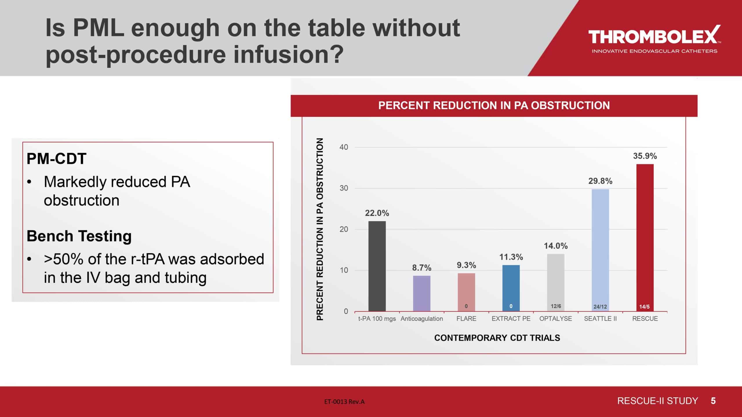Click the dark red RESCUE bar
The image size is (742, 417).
[x=645, y=238]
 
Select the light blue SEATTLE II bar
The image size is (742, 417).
[x=600, y=250]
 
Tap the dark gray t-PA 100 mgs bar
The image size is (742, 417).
[x=377, y=266]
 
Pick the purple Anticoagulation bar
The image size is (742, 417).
[x=422, y=293]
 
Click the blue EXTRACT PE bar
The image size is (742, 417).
[x=511, y=288]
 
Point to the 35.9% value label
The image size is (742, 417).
[x=645, y=156]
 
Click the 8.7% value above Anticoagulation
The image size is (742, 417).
[x=422, y=268]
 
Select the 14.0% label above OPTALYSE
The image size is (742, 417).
[x=556, y=246]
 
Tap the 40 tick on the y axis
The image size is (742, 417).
[x=344, y=147]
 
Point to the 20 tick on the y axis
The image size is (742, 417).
[x=344, y=229]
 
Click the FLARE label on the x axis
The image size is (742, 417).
[x=466, y=319]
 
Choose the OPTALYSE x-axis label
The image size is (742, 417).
[x=556, y=319]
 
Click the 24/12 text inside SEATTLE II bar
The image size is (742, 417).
[x=600, y=307]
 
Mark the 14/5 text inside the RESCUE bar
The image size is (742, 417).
[x=645, y=307]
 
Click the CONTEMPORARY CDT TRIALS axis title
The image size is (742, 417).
[x=497, y=338]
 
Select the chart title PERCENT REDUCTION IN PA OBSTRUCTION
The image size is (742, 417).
[x=494, y=105]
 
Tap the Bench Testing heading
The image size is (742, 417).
[x=79, y=236]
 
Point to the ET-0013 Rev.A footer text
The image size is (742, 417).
[x=344, y=402]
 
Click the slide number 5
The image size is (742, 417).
[x=713, y=401]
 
